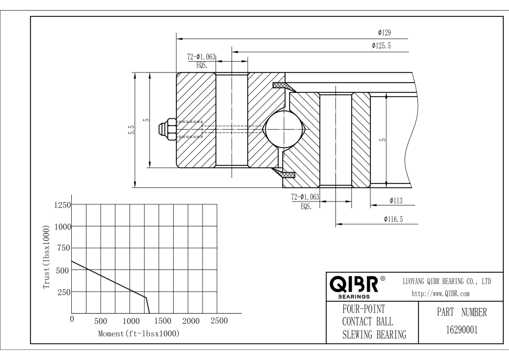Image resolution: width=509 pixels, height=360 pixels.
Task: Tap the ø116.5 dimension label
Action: coord(393,218)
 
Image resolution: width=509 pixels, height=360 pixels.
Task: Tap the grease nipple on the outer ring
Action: coord(168,128)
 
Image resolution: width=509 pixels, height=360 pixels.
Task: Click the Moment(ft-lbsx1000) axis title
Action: coord(139,334)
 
